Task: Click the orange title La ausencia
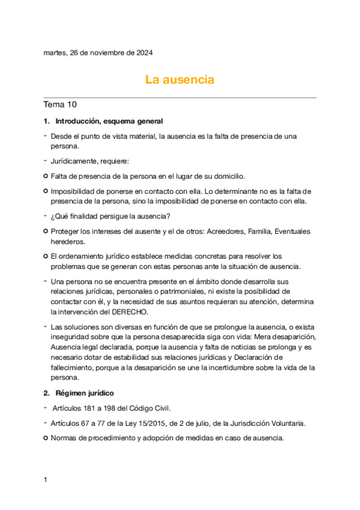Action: tap(180, 79)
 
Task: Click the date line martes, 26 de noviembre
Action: tap(98, 53)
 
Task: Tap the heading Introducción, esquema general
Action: tap(108, 121)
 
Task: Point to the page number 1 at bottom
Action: tap(46, 480)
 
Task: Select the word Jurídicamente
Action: tap(77, 161)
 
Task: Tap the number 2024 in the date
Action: tap(143, 53)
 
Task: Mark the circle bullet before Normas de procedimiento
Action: tap(46, 438)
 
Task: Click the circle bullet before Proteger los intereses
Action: tap(46, 232)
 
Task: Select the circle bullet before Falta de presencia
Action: tap(46, 176)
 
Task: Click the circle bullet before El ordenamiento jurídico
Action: tap(46, 256)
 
